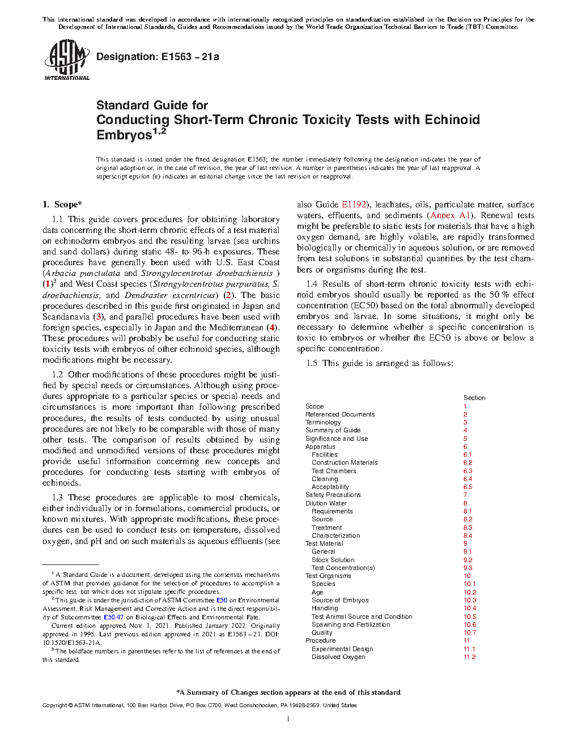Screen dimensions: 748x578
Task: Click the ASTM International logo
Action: pos(67,59)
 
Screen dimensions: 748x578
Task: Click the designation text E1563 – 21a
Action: pos(158,57)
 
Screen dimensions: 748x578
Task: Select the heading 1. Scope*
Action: pos(62,205)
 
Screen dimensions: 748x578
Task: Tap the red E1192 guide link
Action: pos(354,205)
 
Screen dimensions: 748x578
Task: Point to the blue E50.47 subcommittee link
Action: pos(113,617)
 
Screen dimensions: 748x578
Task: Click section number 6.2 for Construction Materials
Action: pos(467,462)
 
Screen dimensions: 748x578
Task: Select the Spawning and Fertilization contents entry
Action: pos(350,624)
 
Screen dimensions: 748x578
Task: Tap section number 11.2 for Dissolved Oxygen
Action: pos(469,657)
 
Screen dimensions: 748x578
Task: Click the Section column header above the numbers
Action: pos(474,398)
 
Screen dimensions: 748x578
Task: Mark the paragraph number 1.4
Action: pos(312,284)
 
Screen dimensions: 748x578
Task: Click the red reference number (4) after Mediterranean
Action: pos(273,328)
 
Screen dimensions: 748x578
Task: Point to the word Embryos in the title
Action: pos(124,135)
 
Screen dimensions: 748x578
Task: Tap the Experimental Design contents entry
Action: pos(342,649)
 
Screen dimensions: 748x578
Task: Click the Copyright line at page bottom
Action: pos(199,705)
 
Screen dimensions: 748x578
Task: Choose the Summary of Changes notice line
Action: pos(288,692)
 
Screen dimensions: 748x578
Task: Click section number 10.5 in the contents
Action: pos(470,617)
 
